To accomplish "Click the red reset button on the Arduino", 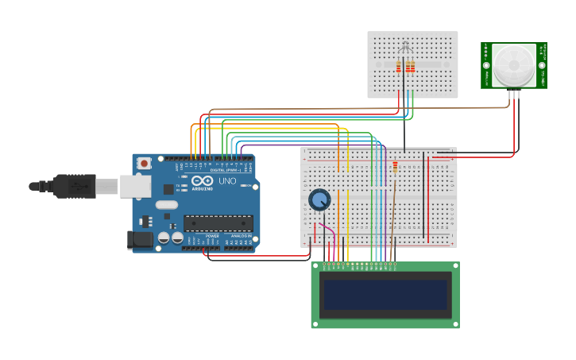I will pyautogui.click(x=144, y=163).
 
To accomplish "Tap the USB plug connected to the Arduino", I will pyautogui.click(x=75, y=186).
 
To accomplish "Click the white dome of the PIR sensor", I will pyautogui.click(x=513, y=65).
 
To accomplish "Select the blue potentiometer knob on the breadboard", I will pyautogui.click(x=319, y=199).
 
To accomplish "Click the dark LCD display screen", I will pyautogui.click(x=385, y=294).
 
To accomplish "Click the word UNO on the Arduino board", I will pyautogui.click(x=227, y=181).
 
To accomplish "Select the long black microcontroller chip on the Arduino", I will pyautogui.click(x=218, y=223).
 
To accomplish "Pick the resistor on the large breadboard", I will pyautogui.click(x=395, y=166).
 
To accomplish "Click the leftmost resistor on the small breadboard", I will pyautogui.click(x=399, y=67).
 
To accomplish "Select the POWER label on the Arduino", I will pyautogui.click(x=212, y=236).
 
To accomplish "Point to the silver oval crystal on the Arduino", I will pyautogui.click(x=167, y=205).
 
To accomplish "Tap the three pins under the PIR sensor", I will pyautogui.click(x=513, y=94).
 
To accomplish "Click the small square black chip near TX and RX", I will pyautogui.click(x=168, y=189).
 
